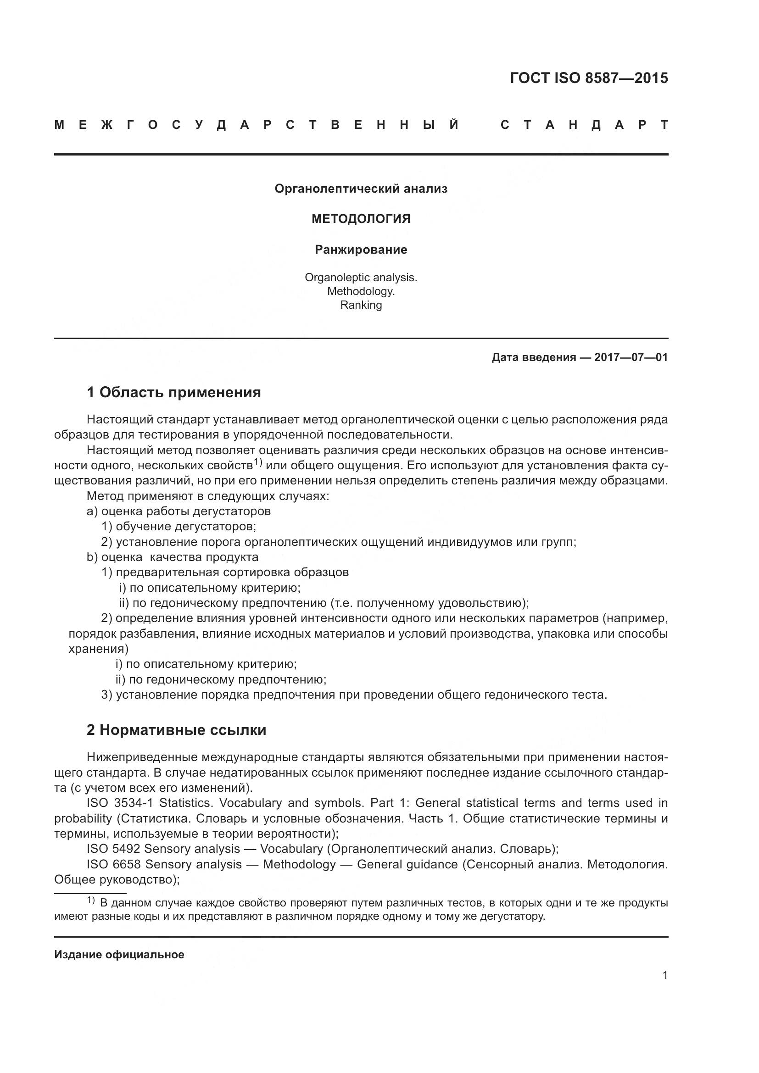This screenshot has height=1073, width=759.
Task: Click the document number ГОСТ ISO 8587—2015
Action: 588,78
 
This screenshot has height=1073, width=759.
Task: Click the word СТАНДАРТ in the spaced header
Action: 584,125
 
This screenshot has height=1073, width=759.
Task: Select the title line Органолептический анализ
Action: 361,189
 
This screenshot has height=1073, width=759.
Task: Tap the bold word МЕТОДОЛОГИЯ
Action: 361,219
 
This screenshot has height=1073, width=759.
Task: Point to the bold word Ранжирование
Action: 361,250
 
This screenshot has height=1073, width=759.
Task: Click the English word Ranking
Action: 361,305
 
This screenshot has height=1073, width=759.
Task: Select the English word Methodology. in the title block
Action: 361,291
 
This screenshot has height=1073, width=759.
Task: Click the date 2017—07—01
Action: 631,357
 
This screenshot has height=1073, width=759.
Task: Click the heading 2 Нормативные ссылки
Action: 176,730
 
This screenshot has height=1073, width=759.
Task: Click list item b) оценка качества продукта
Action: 173,557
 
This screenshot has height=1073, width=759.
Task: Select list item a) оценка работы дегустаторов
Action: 179,511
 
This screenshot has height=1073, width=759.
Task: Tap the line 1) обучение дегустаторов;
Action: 179,527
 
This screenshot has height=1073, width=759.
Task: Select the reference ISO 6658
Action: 113,865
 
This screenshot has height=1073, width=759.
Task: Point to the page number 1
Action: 664,975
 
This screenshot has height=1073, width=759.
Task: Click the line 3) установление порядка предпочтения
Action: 354,695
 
